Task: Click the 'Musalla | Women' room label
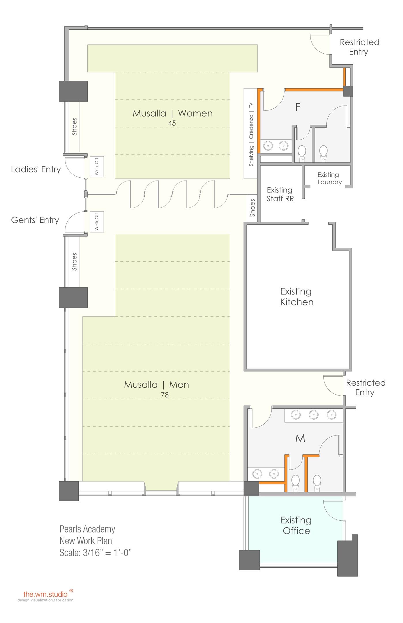coord(173,113)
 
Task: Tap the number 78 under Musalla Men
coord(165,395)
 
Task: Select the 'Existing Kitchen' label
coord(297,297)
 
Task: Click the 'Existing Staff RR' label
coord(280,194)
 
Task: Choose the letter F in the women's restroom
coord(298,107)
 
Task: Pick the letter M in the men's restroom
coord(300,438)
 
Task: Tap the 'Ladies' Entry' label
coord(36,169)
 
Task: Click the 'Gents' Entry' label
coord(35,220)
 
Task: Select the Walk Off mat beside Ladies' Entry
coord(97,167)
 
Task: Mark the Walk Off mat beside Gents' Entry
coord(97,222)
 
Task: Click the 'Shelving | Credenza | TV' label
coord(251,134)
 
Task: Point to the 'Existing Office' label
coord(296,525)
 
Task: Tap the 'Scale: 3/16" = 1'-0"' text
coord(95,553)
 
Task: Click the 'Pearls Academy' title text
coord(87,529)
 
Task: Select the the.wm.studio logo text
coord(45,594)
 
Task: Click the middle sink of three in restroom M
coord(314,415)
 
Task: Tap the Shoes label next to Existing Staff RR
coord(253,208)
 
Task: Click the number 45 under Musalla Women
coord(172,123)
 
